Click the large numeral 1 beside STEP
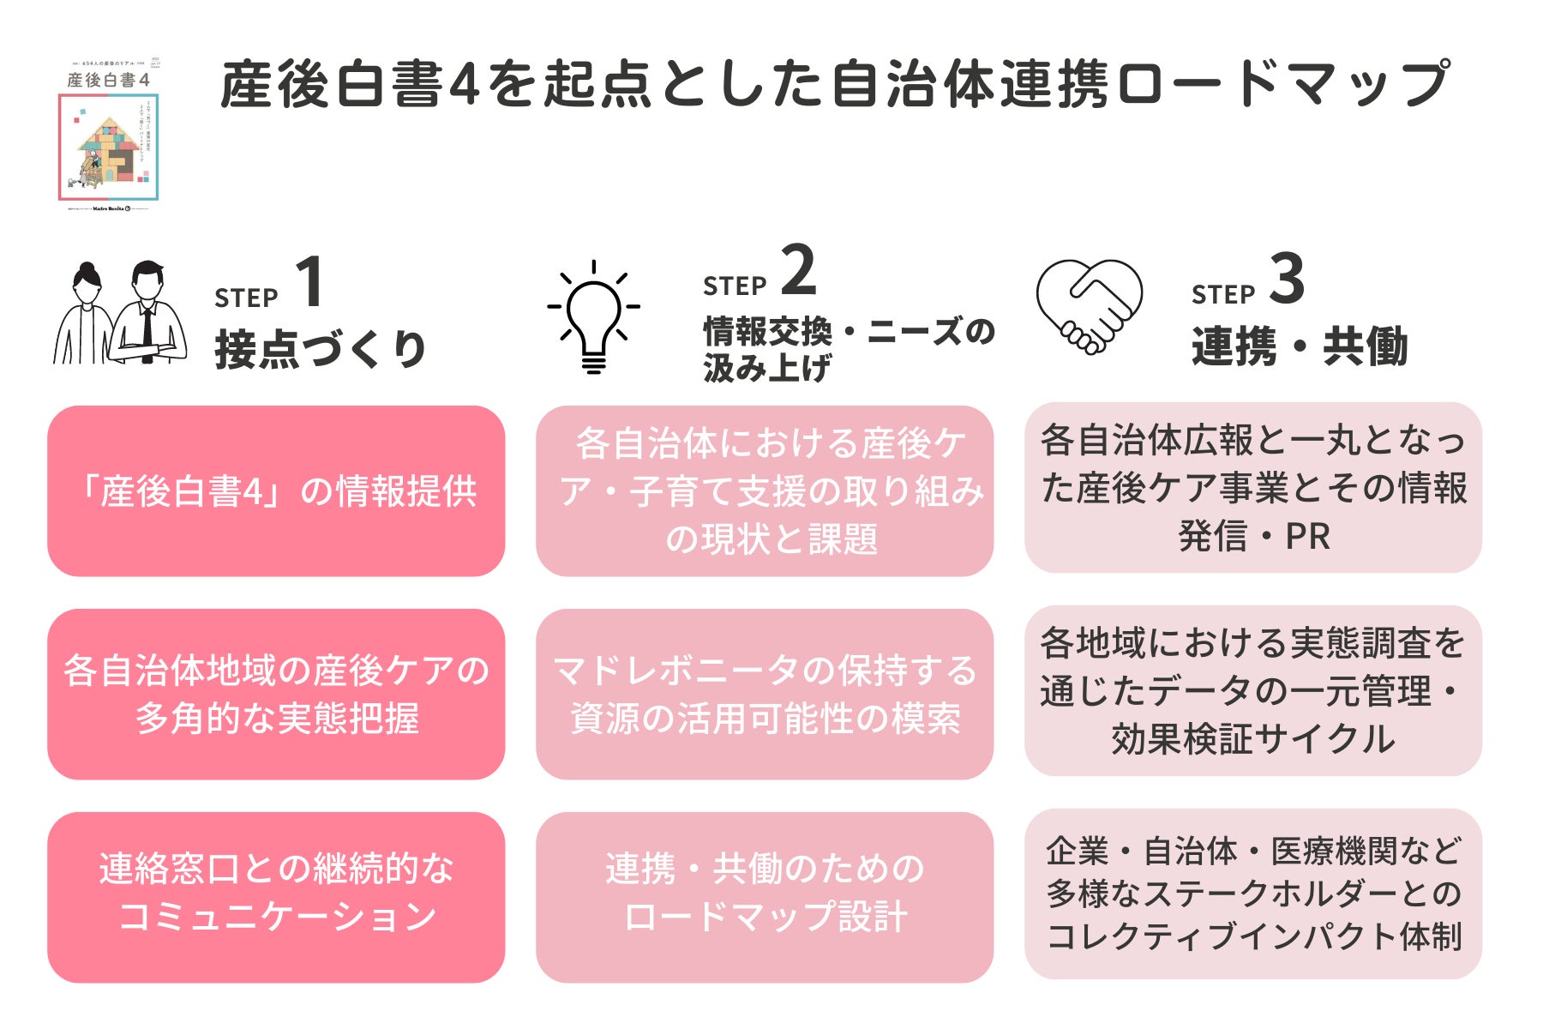pos(309,282)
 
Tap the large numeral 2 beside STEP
pos(798,270)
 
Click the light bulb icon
pos(594,317)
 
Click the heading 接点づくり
pos(320,350)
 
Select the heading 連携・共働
pos(1299,347)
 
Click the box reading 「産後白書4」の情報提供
pos(276,491)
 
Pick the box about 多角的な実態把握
pos(276,694)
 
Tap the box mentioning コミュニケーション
pos(276,897)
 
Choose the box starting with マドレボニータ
pos(765,694)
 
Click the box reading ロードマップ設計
pos(765,897)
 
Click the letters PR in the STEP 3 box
pos(1307,537)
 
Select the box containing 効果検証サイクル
pos(1253,691)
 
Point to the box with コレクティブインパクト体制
pos(1253,894)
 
